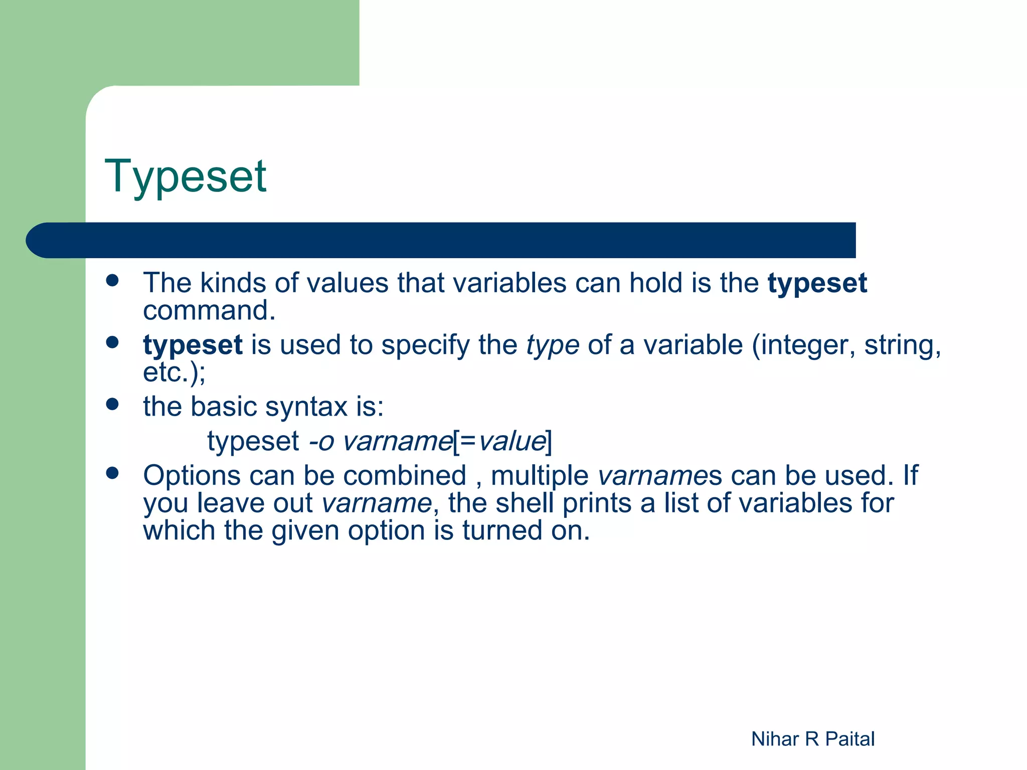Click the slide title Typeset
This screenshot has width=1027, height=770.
coord(185,176)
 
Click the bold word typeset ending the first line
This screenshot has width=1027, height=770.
coord(817,284)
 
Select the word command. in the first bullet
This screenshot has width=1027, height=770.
coord(209,311)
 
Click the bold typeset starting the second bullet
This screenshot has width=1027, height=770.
coord(193,345)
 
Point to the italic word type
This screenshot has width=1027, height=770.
coord(553,346)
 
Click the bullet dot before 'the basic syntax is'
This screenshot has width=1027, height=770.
coord(112,404)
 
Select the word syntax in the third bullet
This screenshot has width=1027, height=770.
coord(306,407)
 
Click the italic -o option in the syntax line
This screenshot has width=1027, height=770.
coord(321,442)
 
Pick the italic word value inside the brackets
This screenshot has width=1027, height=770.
coord(511,442)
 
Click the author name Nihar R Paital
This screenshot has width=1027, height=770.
coord(812,739)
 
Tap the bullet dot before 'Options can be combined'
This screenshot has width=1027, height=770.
coord(112,473)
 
